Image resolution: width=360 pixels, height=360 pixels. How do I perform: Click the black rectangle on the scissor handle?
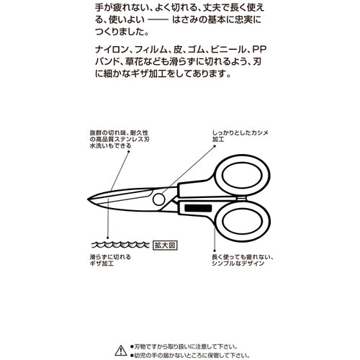pos(194,207)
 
